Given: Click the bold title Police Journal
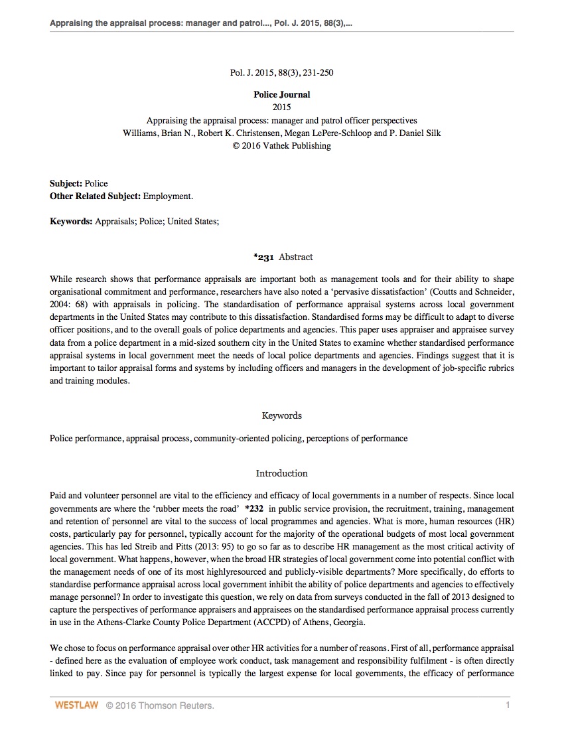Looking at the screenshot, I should [x=281, y=95].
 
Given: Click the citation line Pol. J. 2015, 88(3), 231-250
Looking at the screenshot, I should [x=281, y=72].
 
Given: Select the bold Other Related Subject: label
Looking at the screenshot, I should [x=95, y=196].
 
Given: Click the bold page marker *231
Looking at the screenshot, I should [x=263, y=257].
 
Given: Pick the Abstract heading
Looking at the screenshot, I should [x=296, y=257].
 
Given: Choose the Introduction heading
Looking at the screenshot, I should [x=281, y=474].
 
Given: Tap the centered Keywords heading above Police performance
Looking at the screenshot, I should [x=281, y=416].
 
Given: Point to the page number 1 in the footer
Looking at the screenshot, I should [x=508, y=705].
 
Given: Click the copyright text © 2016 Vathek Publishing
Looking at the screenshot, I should [x=281, y=145].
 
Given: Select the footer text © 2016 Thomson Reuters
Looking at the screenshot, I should [x=160, y=705].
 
